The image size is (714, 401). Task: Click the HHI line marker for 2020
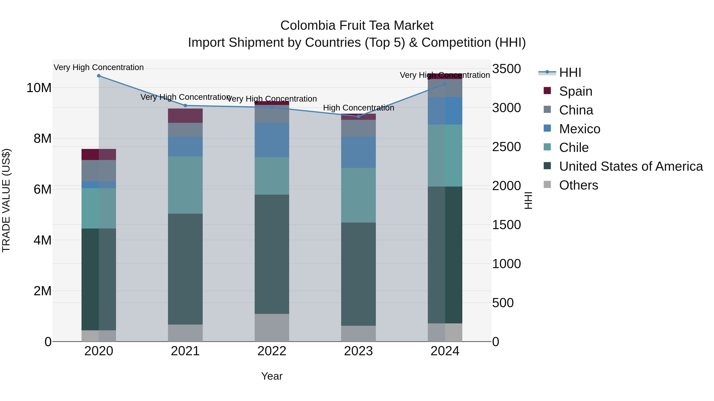[99, 76]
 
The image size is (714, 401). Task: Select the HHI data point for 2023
[358, 116]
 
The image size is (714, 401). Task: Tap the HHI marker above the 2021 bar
[185, 105]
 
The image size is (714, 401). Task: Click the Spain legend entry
[575, 91]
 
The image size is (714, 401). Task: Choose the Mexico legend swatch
[547, 128]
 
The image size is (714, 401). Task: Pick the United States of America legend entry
[631, 166]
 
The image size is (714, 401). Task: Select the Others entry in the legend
[579, 185]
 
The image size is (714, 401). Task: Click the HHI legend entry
[570, 72]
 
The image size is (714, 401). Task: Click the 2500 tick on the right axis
[506, 147]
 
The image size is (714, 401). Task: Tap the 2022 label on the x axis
[272, 351]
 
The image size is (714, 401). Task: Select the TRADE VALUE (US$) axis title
[6, 200]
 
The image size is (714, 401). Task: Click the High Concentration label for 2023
[358, 108]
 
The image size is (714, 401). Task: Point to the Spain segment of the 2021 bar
[185, 115]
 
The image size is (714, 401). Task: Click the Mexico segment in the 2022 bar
[272, 140]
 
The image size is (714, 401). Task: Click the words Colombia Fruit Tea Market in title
[357, 26]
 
